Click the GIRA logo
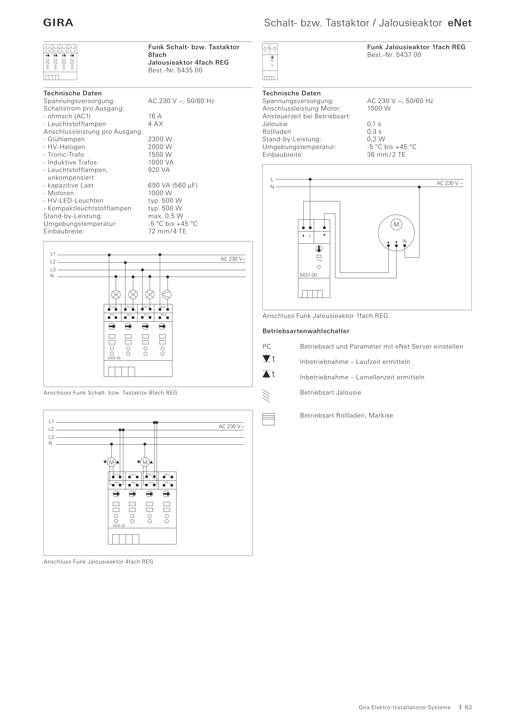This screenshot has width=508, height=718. [58, 23]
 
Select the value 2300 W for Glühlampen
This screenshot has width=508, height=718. [160, 139]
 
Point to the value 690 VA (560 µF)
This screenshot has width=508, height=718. [173, 185]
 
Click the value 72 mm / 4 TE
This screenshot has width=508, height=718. [167, 231]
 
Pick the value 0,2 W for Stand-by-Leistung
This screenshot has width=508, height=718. [376, 139]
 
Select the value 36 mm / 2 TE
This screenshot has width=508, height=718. [386, 154]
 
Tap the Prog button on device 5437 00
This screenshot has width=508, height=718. [319, 256]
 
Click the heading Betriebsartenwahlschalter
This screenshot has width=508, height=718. [306, 331]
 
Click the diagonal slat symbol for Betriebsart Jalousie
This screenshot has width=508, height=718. [266, 396]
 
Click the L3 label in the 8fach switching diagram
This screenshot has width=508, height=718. [53, 270]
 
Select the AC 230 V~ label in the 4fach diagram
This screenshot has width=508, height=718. [231, 426]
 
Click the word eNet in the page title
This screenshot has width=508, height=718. [460, 23]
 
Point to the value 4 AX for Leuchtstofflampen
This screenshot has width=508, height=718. [156, 124]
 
